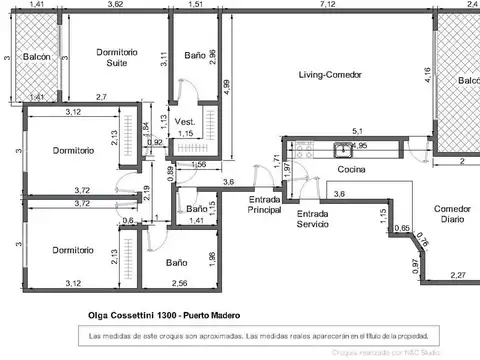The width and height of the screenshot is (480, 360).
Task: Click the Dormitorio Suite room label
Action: [116, 57]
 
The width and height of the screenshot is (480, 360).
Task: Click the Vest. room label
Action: [184, 121]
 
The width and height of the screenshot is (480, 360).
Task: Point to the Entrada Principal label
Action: [265, 205]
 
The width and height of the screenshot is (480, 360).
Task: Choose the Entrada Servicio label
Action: [312, 219]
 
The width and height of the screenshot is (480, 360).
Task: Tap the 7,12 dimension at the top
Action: [327, 6]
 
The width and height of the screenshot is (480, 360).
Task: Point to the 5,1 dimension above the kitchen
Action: [358, 130]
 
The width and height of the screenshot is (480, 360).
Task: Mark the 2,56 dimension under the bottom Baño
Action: [180, 283]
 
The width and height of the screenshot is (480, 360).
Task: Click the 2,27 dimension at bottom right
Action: [457, 275]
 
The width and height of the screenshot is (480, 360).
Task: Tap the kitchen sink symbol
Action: [342, 151]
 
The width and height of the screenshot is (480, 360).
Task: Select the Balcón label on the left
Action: [37, 57]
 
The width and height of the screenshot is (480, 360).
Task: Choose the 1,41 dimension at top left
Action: [37, 6]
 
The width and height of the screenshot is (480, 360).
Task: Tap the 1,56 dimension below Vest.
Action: [198, 163]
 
